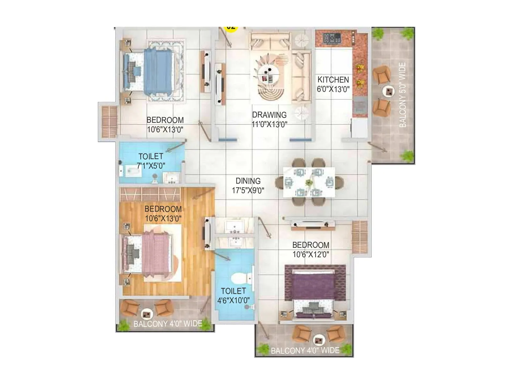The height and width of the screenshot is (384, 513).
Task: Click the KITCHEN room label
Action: (333, 80)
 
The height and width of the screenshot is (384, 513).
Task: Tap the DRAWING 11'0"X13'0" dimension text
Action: (269, 124)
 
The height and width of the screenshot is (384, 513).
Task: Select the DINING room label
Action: (248, 181)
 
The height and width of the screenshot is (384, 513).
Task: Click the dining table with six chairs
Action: (309, 182)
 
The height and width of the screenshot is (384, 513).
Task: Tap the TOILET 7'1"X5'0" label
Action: (151, 161)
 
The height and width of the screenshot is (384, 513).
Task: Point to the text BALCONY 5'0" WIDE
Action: (403, 95)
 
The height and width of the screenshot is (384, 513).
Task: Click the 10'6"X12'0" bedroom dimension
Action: (311, 255)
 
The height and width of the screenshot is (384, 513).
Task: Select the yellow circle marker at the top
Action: (231, 28)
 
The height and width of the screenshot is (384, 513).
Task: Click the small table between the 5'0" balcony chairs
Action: (388, 92)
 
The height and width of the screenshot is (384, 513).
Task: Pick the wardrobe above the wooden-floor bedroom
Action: (150, 194)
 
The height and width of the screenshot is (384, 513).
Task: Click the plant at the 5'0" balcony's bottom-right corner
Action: (408, 156)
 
